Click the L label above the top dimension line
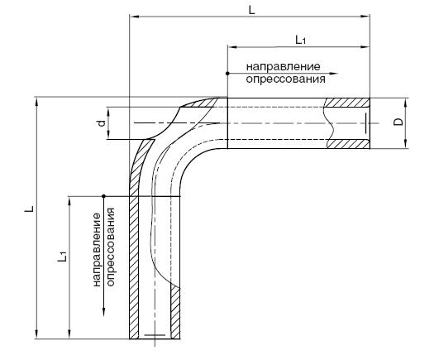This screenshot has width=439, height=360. [x=251, y=11]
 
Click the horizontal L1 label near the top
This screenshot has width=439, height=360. [x=300, y=40]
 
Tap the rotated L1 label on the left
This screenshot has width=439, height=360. [x=63, y=257]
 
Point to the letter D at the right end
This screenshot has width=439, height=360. [x=398, y=122]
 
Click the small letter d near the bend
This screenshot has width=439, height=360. [x=102, y=123]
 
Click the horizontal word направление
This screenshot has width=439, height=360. [x=283, y=67]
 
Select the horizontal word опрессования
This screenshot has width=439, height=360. [x=286, y=79]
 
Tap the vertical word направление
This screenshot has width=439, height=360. [x=97, y=250]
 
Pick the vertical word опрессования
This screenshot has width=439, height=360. [x=111, y=247]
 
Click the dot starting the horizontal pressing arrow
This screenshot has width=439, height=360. [x=227, y=74]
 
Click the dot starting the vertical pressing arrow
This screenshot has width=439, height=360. [x=103, y=196]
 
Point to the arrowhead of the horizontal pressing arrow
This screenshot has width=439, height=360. [x=334, y=74]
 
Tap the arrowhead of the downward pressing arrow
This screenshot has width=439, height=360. [x=103, y=312]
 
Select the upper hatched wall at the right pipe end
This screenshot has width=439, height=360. [x=347, y=103]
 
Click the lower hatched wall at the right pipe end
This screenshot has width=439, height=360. [x=349, y=144]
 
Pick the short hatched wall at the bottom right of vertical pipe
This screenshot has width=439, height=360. [x=175, y=311]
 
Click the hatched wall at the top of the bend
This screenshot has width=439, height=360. [x=200, y=103]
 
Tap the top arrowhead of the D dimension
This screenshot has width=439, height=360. [x=406, y=103]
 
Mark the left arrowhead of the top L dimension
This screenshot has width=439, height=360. [x=135, y=17]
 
